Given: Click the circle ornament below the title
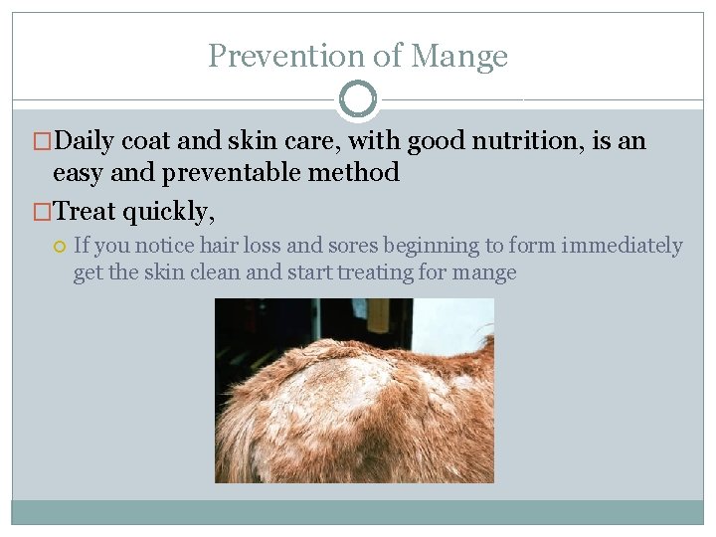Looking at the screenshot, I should (358, 99).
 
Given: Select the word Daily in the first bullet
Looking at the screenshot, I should (85, 142).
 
